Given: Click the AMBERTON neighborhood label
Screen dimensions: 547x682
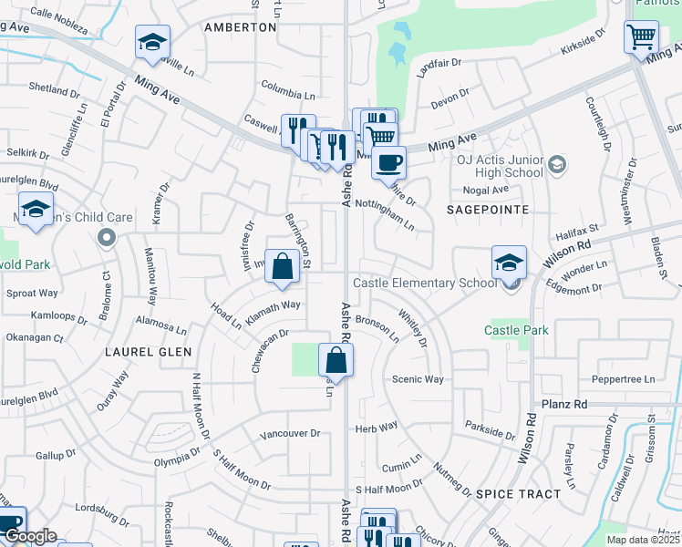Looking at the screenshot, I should pyautogui.click(x=240, y=27).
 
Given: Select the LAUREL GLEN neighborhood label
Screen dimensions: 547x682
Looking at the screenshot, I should pyautogui.click(x=148, y=351).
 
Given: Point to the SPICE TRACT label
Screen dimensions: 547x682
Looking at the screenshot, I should pyautogui.click(x=518, y=493).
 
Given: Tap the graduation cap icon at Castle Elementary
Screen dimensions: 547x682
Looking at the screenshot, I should pyautogui.click(x=509, y=263).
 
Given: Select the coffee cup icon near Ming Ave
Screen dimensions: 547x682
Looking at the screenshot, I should pyautogui.click(x=388, y=163).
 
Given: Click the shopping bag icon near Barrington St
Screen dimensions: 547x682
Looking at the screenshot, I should pyautogui.click(x=283, y=266).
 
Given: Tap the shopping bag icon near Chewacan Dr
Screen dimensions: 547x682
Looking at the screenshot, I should pyautogui.click(x=336, y=360).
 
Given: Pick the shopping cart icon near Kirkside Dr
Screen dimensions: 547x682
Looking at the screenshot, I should pyautogui.click(x=641, y=38).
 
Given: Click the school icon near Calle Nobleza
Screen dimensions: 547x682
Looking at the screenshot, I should pyautogui.click(x=152, y=42).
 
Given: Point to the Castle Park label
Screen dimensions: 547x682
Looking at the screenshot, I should pyautogui.click(x=517, y=330).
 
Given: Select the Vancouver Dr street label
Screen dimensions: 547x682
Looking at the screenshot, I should pyautogui.click(x=289, y=434).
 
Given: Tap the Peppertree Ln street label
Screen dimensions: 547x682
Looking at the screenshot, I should pyautogui.click(x=624, y=379).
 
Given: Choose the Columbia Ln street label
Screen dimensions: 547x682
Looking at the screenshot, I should pyautogui.click(x=287, y=95).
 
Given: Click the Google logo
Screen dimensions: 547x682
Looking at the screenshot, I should pyautogui.click(x=29, y=536).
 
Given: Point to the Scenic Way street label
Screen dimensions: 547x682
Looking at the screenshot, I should pyautogui.click(x=418, y=379).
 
